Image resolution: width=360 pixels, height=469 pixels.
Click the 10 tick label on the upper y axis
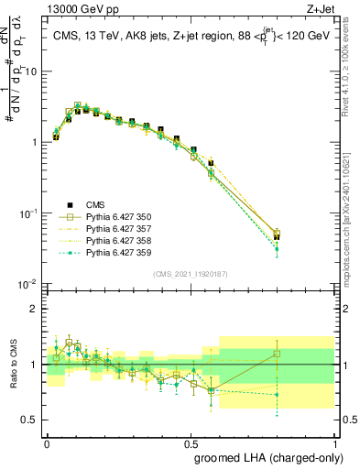32,71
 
